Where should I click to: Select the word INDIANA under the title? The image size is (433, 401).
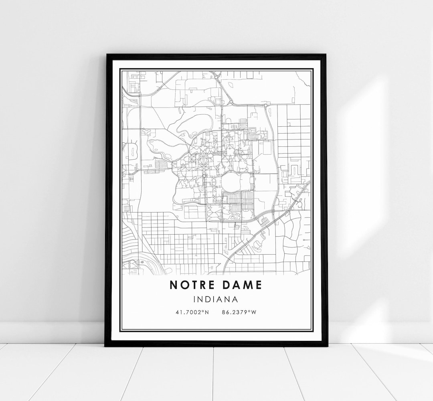click(216, 299)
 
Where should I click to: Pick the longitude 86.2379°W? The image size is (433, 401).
click(239, 312)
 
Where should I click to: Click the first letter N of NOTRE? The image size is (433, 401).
click(173, 285)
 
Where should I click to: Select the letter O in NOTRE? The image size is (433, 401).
click(183, 285)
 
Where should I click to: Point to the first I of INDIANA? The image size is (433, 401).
click(194, 299)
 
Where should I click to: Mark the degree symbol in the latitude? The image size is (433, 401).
click(204, 310)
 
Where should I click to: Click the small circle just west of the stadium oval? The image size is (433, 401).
click(204, 176)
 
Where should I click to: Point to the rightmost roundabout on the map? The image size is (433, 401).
click(265, 105)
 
